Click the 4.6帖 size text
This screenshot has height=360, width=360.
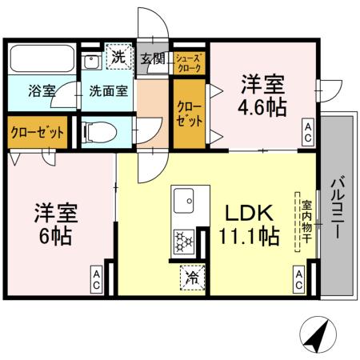(x=262, y=108)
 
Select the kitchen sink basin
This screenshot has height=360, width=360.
(x=190, y=200)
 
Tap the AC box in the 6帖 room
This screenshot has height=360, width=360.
(x=95, y=279)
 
